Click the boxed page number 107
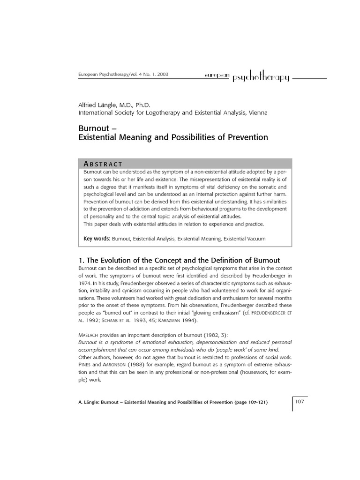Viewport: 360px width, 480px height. click(300, 402)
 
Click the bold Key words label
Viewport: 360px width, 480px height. click(97, 239)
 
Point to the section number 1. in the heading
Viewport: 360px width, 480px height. click(79, 260)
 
